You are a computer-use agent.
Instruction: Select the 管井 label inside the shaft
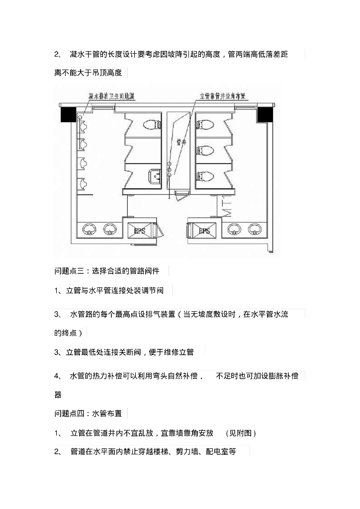tap(181, 143)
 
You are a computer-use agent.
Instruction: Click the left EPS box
tap(139, 231)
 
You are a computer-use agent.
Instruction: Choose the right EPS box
tap(204, 231)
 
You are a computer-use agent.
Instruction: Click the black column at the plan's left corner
tap(67, 115)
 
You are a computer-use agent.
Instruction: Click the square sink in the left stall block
tap(155, 176)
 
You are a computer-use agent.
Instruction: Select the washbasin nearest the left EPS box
tap(109, 229)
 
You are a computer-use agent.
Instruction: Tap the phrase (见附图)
tap(241, 433)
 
